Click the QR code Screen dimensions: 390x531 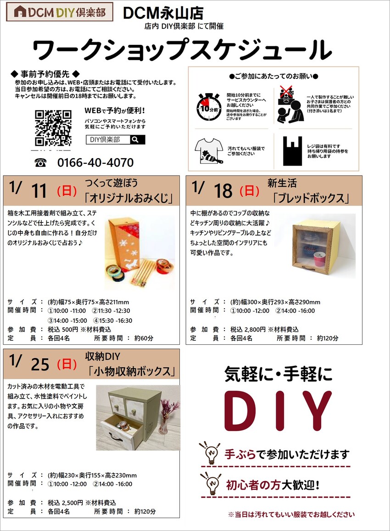click(53, 127)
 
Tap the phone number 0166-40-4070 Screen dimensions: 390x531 click(95, 162)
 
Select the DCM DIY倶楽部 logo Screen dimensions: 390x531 click(60, 12)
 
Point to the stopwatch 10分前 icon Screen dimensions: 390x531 click(209, 106)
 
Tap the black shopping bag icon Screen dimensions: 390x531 click(292, 151)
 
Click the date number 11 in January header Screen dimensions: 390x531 click(39, 191)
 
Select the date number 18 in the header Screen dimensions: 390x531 click(223, 191)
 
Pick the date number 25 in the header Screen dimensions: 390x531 click(40, 365)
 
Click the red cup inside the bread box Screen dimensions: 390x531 click(319, 260)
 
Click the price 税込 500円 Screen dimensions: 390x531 click(63, 329)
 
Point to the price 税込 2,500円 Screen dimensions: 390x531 click(65, 503)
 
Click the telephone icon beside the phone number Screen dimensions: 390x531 click(40, 163)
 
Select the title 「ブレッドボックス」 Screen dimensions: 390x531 click(311, 198)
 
